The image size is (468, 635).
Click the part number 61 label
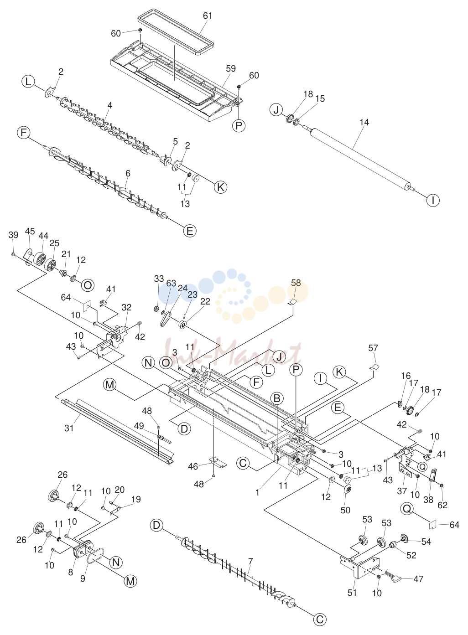pos(208,15)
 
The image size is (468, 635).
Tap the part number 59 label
pos(231,68)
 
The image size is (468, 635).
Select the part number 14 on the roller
pos(364,122)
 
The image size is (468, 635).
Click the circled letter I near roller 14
pos(433,201)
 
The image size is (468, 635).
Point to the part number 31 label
pos(69,428)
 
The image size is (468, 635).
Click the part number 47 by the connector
pos(418,578)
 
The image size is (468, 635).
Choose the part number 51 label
pos(352,592)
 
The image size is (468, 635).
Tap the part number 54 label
pos(426,542)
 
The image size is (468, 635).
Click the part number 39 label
pos(13,235)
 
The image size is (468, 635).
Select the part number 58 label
pos(296,283)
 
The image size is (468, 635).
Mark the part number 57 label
pos(373,347)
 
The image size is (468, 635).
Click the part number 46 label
pos(193,466)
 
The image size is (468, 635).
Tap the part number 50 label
pos(345,510)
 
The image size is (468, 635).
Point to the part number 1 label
pos(257,492)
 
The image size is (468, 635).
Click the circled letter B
pos(277,398)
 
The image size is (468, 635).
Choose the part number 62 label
pos(442,505)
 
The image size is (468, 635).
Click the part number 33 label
pos(159,279)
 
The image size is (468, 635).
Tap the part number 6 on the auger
pos(128,173)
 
